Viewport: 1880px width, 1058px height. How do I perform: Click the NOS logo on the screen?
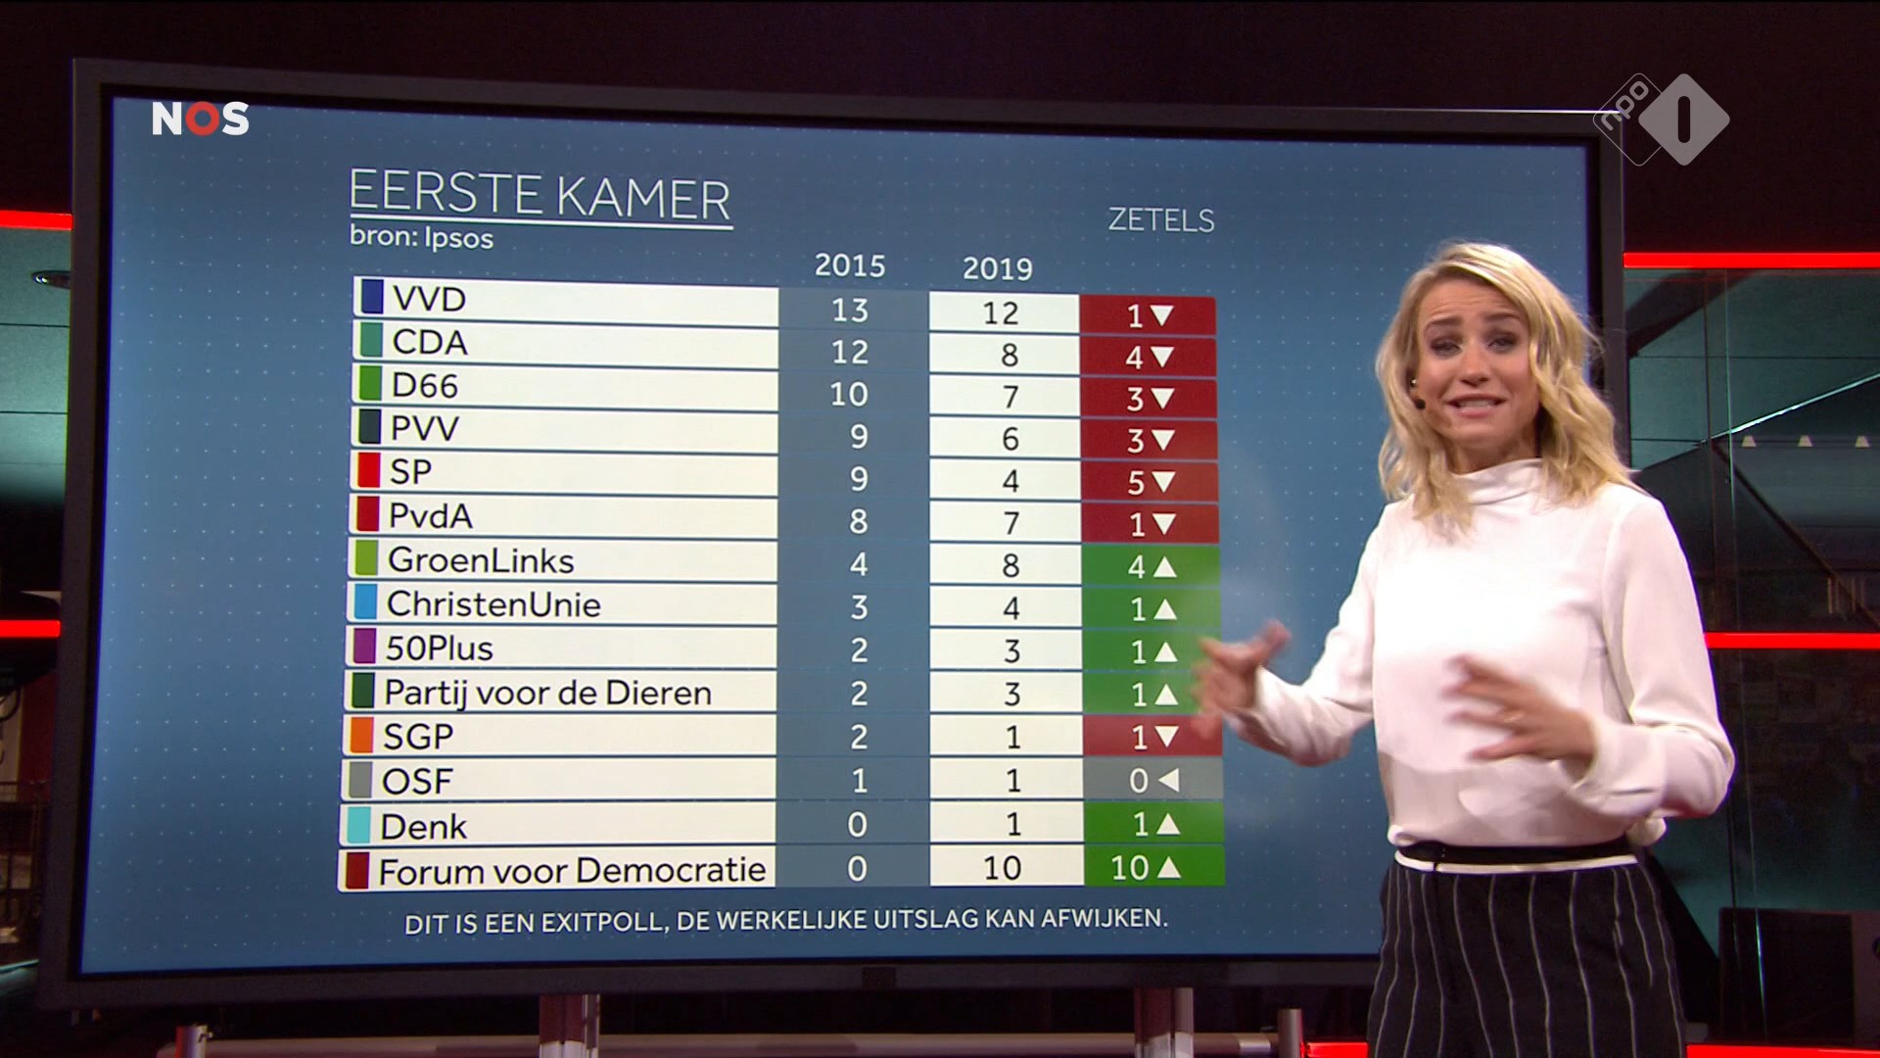pos(200,119)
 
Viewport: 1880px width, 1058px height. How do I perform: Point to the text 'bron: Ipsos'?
pos(421,238)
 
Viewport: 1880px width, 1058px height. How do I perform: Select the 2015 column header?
pos(849,265)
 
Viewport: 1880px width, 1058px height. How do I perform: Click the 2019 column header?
pos(997,268)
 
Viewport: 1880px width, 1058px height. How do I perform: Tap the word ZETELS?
pos(1160,220)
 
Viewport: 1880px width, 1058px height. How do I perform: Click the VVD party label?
pos(429,299)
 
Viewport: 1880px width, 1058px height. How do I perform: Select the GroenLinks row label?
pos(481,560)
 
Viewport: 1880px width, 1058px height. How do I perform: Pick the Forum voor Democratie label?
pos(572,870)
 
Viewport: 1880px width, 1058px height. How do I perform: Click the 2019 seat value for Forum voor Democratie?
pos(1002,868)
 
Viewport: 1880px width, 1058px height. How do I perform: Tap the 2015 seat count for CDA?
pos(849,352)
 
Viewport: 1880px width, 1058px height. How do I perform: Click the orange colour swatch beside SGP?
pos(361,735)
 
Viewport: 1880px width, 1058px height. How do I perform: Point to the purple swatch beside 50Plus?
pos(364,647)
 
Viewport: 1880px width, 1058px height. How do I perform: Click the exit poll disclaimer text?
pos(785,921)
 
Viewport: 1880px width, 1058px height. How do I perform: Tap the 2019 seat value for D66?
pos(1010,398)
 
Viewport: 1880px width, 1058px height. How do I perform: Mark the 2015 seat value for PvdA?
pos(858,521)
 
